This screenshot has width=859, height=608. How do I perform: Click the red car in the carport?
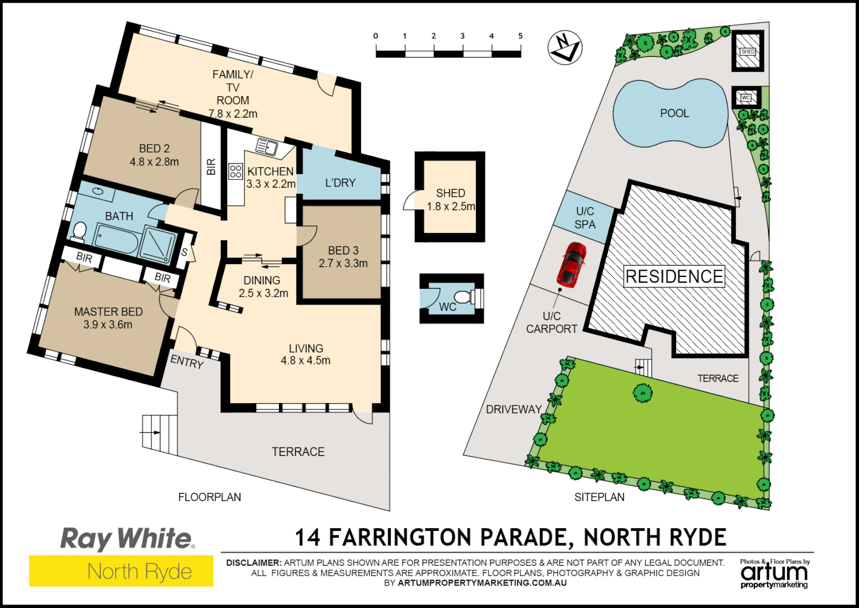tap(571, 263)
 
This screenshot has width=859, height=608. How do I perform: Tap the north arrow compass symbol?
tap(565, 47)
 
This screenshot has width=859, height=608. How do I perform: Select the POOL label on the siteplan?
tap(674, 113)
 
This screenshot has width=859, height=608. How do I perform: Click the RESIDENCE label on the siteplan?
tap(674, 276)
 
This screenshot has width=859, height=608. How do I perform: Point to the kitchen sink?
tap(267, 146)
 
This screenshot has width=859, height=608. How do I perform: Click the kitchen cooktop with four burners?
tap(235, 171)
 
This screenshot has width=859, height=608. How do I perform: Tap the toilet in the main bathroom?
tap(79, 231)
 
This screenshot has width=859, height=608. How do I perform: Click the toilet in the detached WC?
tap(463, 297)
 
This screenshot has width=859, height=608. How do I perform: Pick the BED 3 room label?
tap(343, 251)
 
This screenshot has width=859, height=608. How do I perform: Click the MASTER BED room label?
tap(108, 311)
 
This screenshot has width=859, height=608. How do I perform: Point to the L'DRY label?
tap(340, 182)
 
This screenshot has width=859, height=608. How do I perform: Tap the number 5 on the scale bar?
tap(520, 36)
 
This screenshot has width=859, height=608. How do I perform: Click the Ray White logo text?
tap(127, 539)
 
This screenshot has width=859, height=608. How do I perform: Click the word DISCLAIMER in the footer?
tap(253, 562)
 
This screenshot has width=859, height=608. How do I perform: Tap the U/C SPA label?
tap(585, 217)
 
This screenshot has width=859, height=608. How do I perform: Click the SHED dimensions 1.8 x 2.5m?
tap(451, 207)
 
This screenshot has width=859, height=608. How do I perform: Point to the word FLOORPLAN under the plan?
tap(209, 497)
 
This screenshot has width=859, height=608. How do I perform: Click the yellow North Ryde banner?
tap(122, 571)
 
